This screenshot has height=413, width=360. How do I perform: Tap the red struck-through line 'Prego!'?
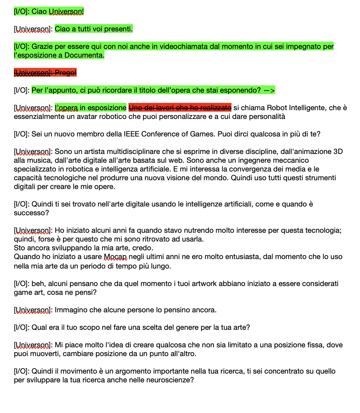[x=45, y=73]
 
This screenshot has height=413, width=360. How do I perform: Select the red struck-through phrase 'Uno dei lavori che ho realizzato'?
[x=180, y=108]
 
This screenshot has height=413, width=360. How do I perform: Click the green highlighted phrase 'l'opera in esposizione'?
[x=91, y=108]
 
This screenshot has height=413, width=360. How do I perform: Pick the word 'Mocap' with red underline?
[x=115, y=256]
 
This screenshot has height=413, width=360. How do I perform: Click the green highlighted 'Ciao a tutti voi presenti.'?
[x=94, y=29]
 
